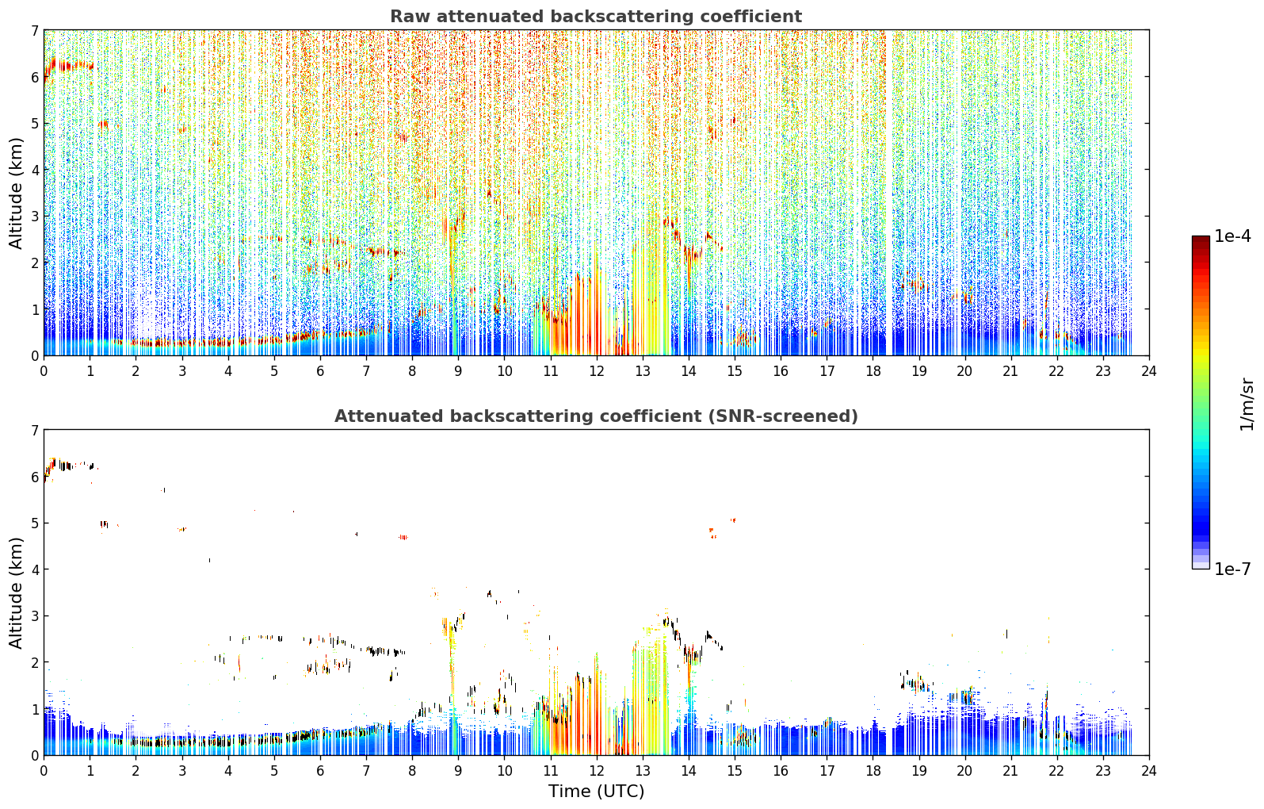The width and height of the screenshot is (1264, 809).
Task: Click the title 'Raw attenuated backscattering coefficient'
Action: [x=596, y=17]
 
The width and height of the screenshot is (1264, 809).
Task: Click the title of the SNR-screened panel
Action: [x=596, y=416]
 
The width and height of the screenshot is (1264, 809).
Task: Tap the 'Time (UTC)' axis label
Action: [x=596, y=791]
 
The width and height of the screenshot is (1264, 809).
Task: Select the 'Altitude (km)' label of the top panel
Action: [x=16, y=193]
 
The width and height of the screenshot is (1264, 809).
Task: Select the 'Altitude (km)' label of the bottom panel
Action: [x=16, y=592]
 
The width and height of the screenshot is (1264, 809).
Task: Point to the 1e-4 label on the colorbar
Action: [x=1232, y=236]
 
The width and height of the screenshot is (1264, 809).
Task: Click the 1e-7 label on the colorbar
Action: [x=1232, y=569]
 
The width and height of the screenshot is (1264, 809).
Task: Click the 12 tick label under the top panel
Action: [x=597, y=371]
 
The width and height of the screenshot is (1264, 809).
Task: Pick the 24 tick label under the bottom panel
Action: [x=1149, y=771]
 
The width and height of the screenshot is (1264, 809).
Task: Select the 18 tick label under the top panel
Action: [x=873, y=371]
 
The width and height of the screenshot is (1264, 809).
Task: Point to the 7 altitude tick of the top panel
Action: [x=34, y=30]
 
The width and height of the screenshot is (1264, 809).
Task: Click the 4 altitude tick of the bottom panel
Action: [x=34, y=569]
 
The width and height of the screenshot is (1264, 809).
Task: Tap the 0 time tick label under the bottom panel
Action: [x=44, y=771]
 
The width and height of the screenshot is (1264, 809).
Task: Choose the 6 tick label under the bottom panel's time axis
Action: [x=320, y=771]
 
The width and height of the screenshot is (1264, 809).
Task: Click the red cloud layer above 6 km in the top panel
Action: [x=67, y=66]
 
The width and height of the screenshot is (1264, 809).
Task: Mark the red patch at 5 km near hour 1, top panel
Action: [x=103, y=124]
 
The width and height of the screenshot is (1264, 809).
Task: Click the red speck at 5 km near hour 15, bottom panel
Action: [x=733, y=520]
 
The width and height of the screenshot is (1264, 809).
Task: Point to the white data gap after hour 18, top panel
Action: [x=889, y=193]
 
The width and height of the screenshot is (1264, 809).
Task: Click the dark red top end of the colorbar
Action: [x=1201, y=240]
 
